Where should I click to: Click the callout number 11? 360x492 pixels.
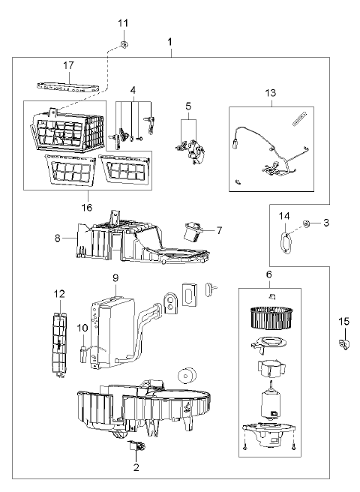pos(123,23)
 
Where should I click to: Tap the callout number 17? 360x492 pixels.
pos(68,65)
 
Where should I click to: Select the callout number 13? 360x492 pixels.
pos(270,93)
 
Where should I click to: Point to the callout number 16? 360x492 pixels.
pos(87,208)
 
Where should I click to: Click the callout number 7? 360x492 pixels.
pos(219,230)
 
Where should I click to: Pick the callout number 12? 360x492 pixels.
pos(59,294)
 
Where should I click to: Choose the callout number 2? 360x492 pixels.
pos(136,467)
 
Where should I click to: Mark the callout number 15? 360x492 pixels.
pos(344,321)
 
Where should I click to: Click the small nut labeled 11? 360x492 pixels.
pos(124,44)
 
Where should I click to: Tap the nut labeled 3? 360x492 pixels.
pos(306,223)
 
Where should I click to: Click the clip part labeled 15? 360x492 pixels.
pos(343,344)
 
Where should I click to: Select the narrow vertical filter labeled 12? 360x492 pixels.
pos(59,344)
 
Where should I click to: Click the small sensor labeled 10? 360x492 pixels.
pos(84,353)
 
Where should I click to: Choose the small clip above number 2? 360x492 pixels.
pos(136,445)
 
